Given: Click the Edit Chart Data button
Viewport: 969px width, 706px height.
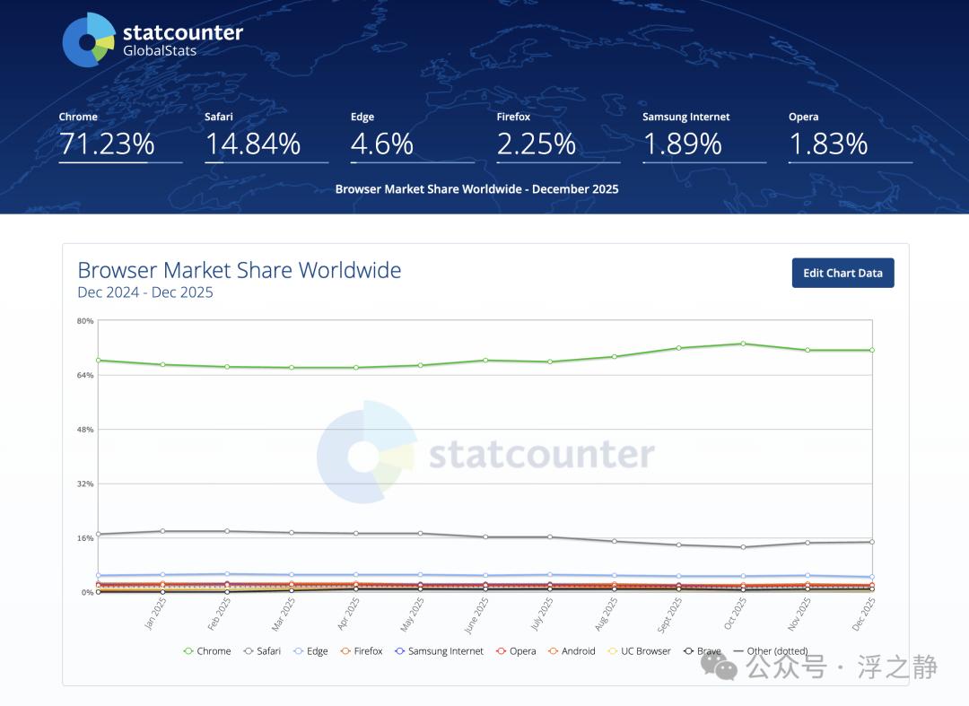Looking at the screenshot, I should [x=842, y=273].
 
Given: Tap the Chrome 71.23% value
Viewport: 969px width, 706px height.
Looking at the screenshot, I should [x=107, y=144].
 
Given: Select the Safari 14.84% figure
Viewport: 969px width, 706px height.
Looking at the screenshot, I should [x=253, y=144].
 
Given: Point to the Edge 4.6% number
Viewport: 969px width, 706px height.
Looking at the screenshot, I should [x=382, y=144].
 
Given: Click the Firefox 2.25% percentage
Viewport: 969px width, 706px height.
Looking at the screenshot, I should [x=537, y=144].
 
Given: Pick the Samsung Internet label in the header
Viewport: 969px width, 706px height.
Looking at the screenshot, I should [x=686, y=117].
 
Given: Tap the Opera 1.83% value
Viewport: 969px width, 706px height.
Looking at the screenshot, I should [x=828, y=144].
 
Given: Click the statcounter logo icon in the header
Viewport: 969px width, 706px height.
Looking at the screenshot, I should [x=88, y=40].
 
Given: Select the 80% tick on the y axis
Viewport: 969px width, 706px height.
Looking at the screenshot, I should [x=85, y=321].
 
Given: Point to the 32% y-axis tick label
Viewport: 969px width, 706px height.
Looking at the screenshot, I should [x=85, y=484].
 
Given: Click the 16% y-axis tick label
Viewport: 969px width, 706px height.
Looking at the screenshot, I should [x=85, y=538].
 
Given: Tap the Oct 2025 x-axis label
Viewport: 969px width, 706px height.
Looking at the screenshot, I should [x=737, y=613].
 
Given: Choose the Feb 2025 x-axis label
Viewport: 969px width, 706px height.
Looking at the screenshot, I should [x=221, y=613].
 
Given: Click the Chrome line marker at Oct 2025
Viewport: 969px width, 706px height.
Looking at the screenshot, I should [x=743, y=344].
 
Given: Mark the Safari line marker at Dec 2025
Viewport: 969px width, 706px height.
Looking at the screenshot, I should [x=871, y=542].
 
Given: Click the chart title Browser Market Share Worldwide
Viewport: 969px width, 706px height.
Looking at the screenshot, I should [x=240, y=270].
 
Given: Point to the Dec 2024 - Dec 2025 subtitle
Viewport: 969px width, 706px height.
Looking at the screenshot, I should [x=145, y=292].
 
